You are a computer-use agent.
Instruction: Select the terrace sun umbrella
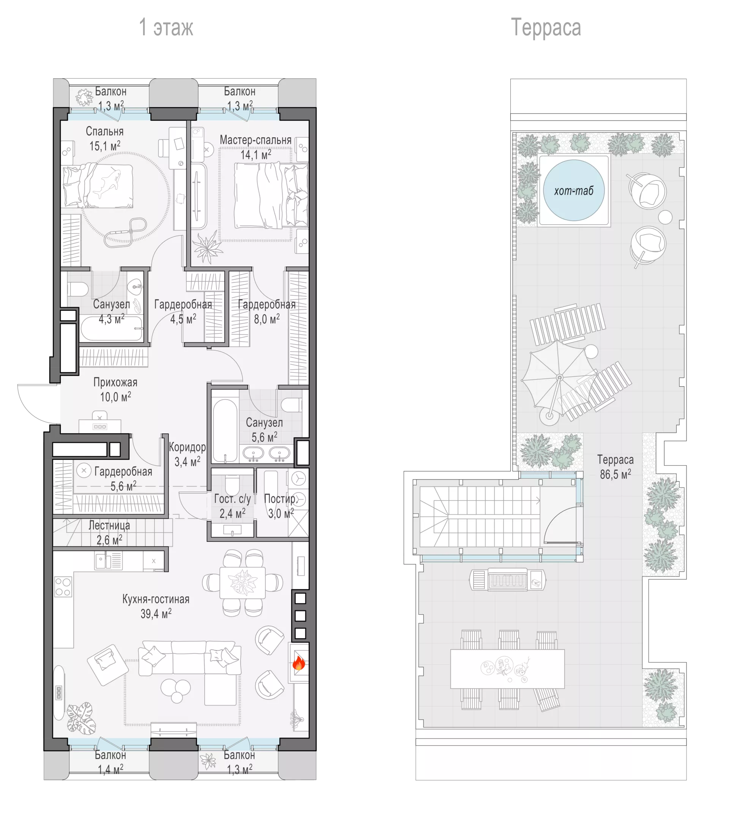click(559, 378)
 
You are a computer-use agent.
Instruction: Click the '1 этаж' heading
click(166, 27)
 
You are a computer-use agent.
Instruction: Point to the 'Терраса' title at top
click(546, 27)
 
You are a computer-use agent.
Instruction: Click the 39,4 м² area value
click(156, 614)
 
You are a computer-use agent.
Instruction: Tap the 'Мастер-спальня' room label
click(256, 140)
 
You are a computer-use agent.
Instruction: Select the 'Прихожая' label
click(115, 382)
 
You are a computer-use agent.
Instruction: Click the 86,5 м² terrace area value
click(615, 474)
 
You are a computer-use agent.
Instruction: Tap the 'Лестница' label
click(109, 525)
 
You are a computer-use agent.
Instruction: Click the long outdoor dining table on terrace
click(507, 669)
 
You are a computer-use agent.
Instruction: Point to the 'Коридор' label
click(188, 447)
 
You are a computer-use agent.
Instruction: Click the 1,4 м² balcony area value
click(110, 769)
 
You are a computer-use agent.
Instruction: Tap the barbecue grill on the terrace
click(507, 580)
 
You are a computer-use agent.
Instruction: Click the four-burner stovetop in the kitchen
click(63, 587)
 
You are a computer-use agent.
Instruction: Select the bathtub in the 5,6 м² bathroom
click(225, 430)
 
